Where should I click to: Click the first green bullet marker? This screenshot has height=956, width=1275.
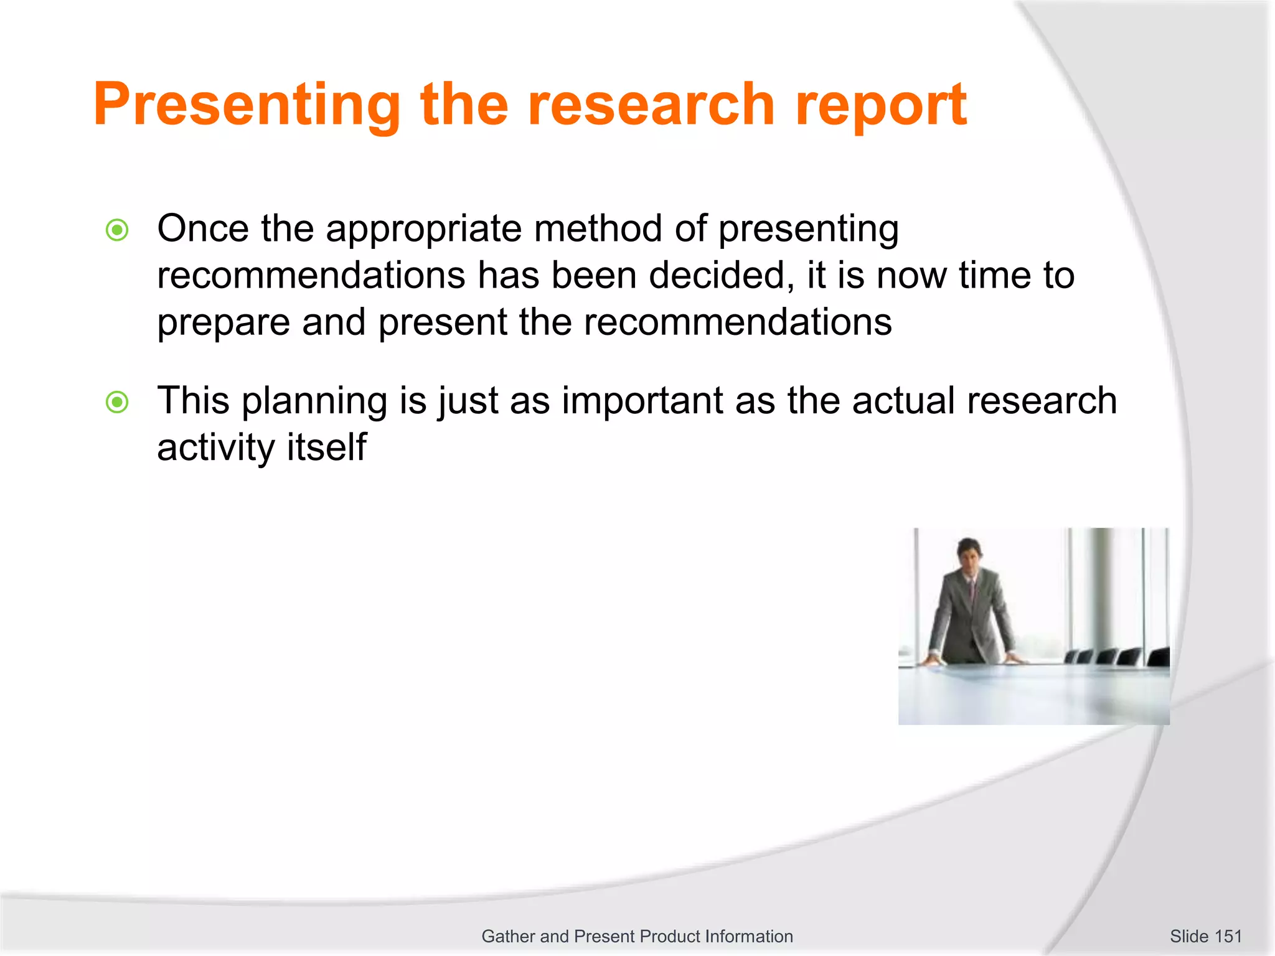[117, 230]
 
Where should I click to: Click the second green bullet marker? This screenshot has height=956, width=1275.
[117, 402]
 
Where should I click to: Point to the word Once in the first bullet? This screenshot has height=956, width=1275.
[202, 228]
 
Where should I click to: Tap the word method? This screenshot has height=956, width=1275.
[598, 228]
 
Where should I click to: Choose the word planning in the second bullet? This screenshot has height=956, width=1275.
[314, 402]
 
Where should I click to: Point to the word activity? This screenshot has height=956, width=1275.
[215, 448]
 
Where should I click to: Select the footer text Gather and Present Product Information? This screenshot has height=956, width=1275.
[637, 936]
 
